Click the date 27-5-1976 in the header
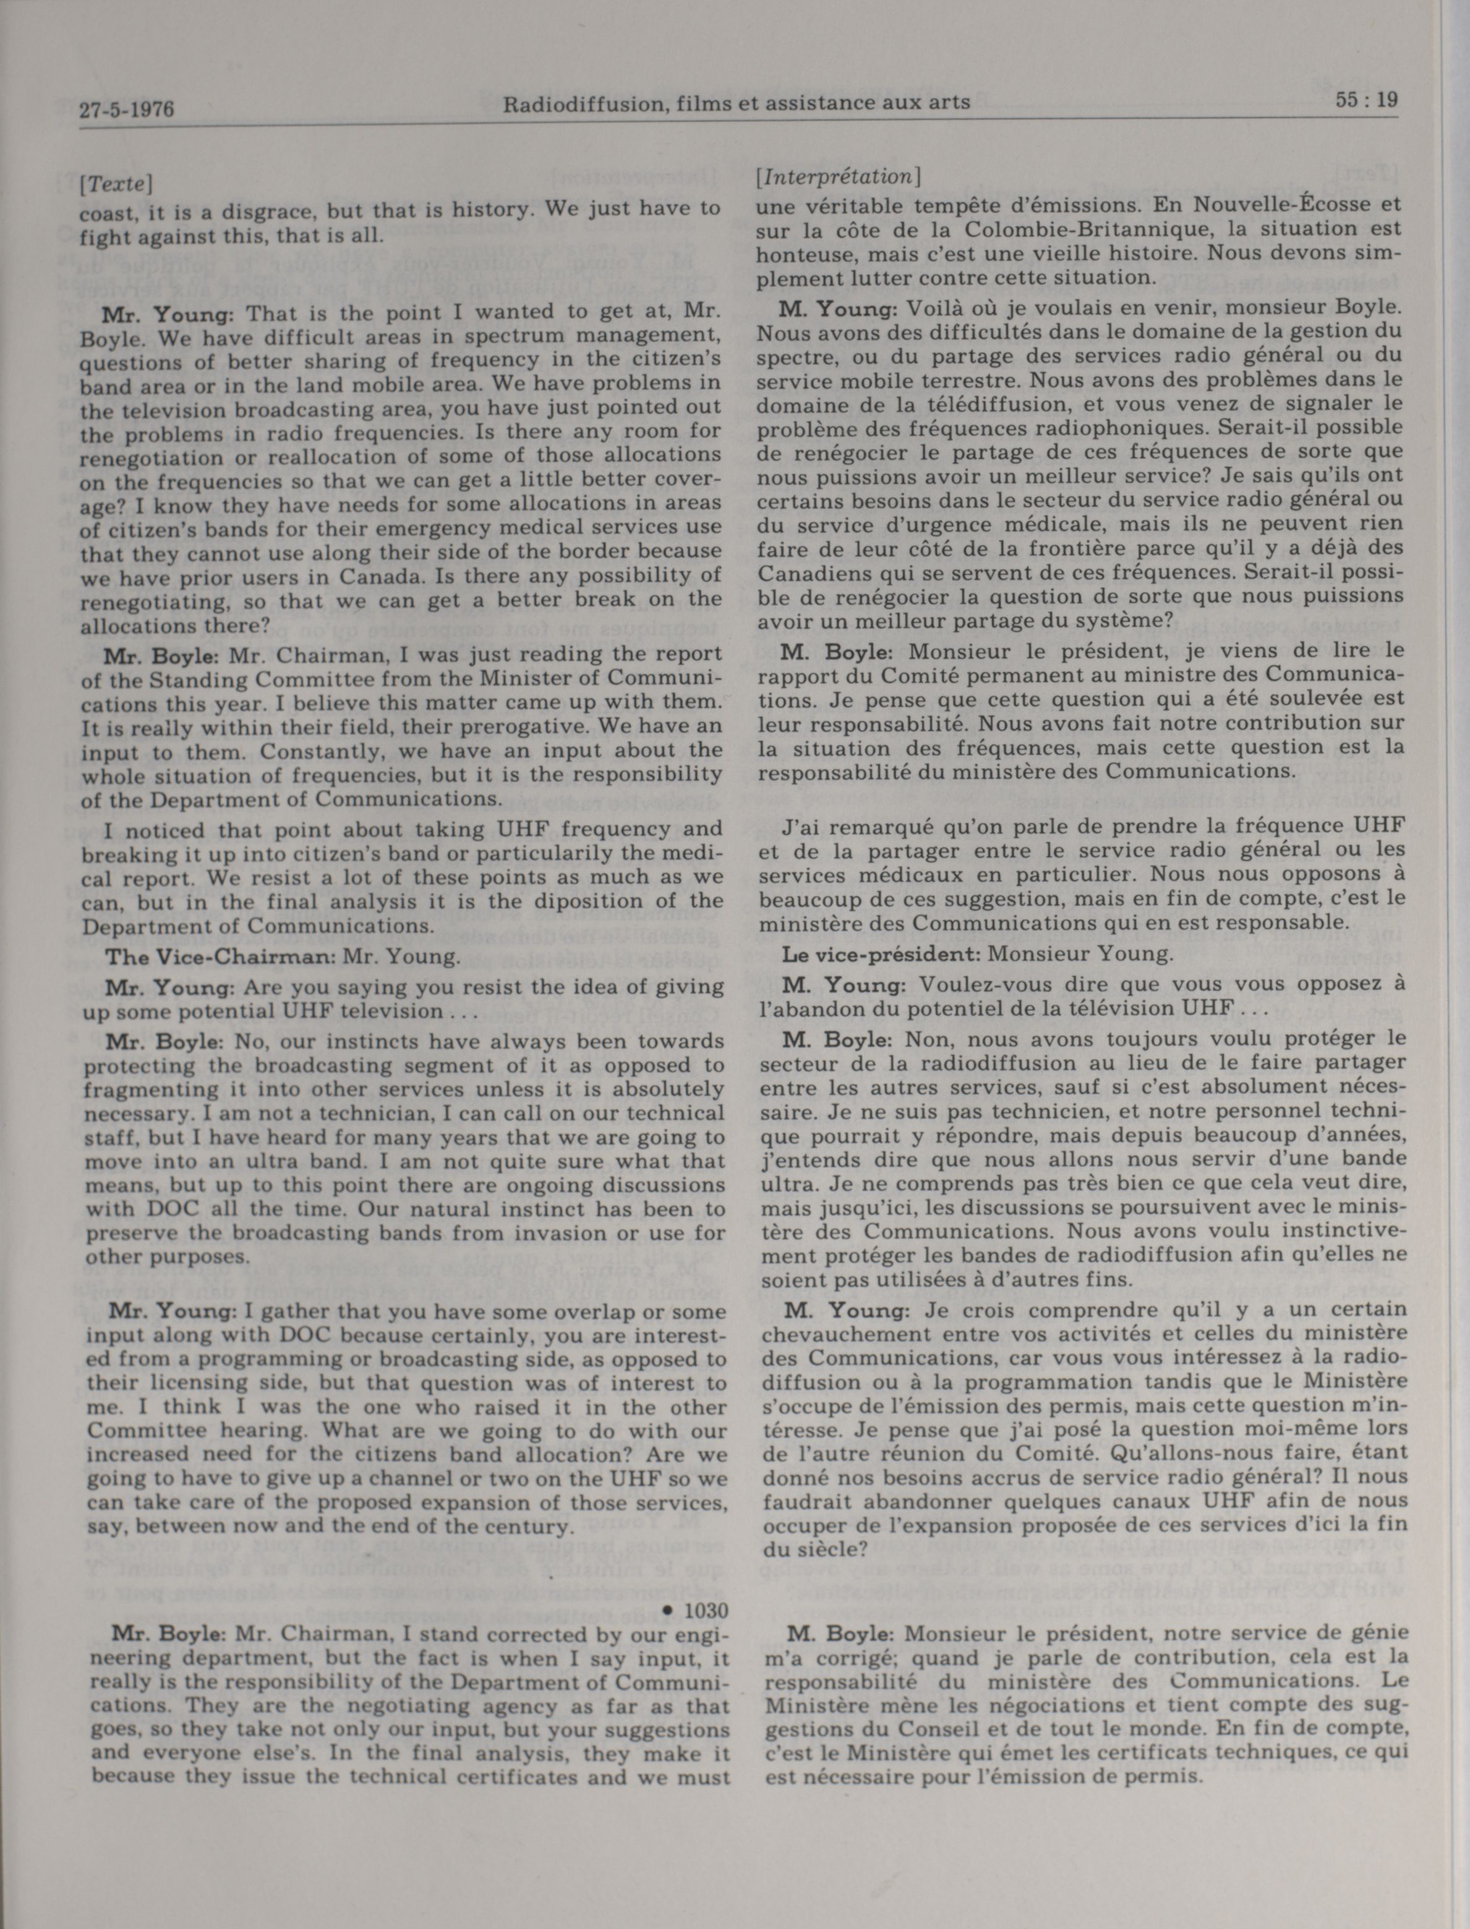126,109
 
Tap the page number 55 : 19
1367,100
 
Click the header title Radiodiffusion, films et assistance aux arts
736,103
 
